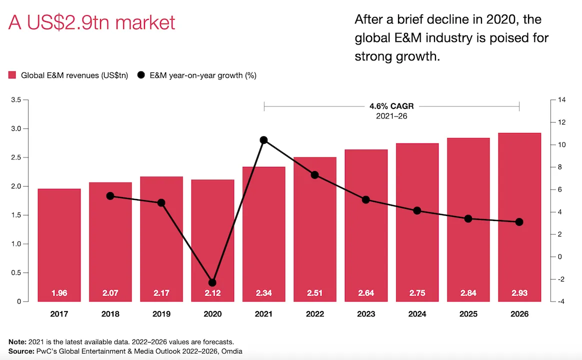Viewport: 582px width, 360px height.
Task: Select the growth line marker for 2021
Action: [263, 140]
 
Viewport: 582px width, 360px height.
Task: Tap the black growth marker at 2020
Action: [212, 282]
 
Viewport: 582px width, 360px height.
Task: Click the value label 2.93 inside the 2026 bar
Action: [519, 293]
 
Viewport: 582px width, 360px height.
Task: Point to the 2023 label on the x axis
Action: [366, 314]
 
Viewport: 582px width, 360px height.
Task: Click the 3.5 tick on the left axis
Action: [15, 100]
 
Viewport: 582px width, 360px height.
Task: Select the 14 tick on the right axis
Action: [561, 100]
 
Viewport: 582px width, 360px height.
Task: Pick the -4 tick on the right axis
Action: [560, 301]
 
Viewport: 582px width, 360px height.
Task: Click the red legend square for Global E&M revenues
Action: [12, 75]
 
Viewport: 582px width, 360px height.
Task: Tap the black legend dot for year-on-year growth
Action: [141, 75]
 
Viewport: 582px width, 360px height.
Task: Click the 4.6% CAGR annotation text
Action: [391, 106]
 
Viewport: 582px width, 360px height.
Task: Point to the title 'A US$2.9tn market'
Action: [91, 23]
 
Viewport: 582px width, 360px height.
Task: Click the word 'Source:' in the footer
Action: [21, 351]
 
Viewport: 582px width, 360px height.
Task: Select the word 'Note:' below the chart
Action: [17, 342]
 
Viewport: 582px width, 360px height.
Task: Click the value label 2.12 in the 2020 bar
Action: [212, 293]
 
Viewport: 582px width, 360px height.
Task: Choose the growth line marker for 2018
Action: [110, 196]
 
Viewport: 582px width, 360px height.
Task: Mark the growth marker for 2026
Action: [519, 222]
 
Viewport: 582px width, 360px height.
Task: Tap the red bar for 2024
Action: [417, 220]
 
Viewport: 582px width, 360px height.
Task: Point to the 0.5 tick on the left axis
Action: [15, 273]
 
